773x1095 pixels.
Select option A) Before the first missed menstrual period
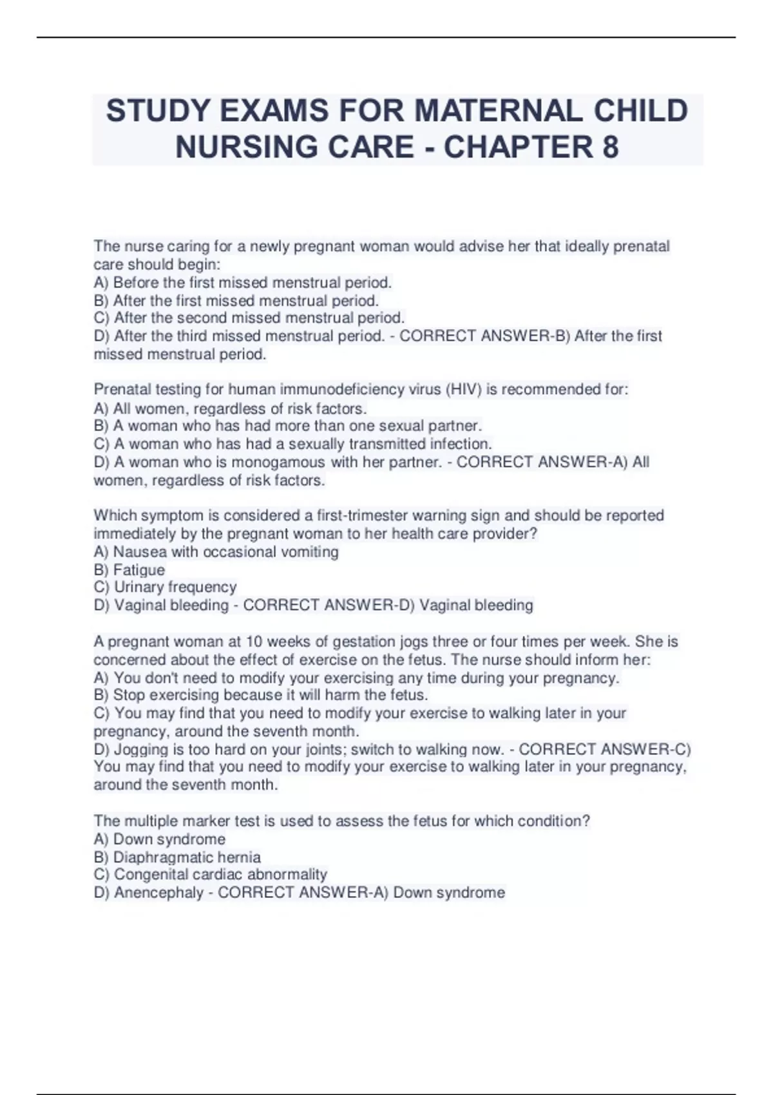pos(243,283)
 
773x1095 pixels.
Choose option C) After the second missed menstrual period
pos(249,318)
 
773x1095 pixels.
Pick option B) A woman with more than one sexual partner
pos(288,426)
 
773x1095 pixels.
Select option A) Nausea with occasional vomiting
pos(216,552)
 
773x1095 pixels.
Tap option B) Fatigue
pos(129,570)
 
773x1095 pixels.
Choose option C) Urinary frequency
pos(166,587)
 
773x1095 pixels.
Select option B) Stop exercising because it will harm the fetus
pos(261,696)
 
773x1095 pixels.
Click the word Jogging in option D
pos(141,750)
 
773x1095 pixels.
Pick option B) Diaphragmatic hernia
pos(177,857)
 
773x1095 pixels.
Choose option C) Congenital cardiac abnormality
pos(211,875)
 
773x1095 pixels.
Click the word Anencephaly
pos(158,893)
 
